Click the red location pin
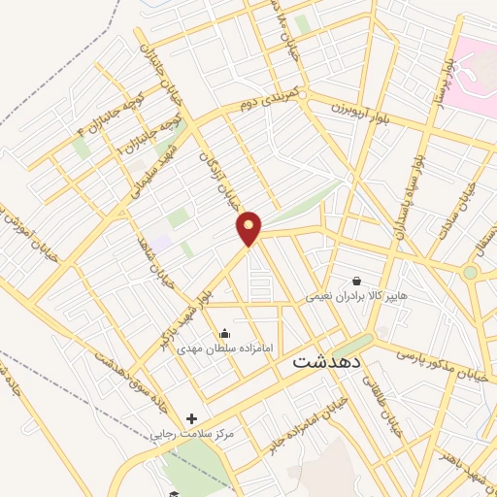249,227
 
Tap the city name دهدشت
326,360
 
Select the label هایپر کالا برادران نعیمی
357,294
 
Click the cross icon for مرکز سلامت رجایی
191,418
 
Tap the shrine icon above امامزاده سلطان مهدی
225,334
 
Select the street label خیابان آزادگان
215,173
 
